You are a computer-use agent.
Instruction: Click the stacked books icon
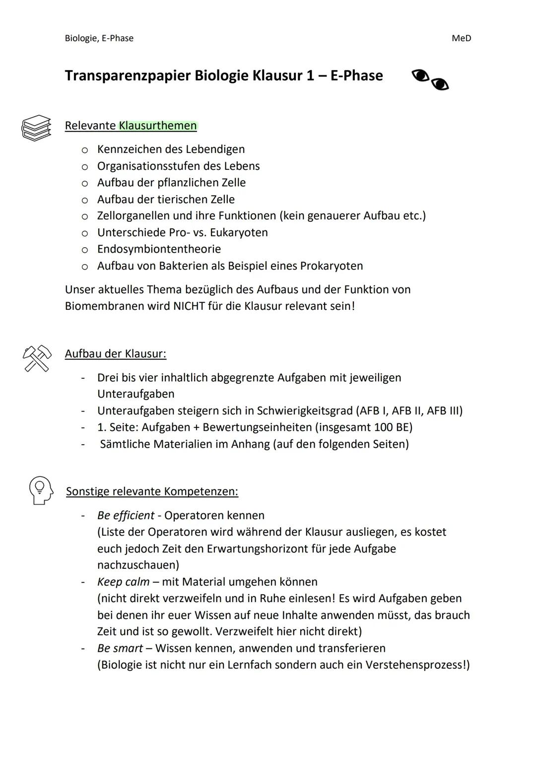pyautogui.click(x=36, y=128)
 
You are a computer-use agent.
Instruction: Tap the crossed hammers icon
pyautogui.click(x=37, y=358)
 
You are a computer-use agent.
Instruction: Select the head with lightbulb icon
pyautogui.click(x=41, y=490)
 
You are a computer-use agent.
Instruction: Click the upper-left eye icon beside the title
pyautogui.click(x=420, y=76)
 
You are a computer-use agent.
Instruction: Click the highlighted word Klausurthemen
pyautogui.click(x=158, y=126)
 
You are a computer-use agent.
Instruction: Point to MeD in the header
pyautogui.click(x=461, y=38)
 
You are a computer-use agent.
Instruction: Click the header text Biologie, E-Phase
pyautogui.click(x=99, y=38)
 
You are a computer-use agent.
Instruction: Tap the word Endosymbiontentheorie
pyautogui.click(x=159, y=249)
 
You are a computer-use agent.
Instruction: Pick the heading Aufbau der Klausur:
pyautogui.click(x=115, y=353)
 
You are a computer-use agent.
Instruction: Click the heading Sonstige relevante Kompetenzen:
pyautogui.click(x=152, y=491)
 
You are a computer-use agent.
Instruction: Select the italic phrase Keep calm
pyautogui.click(x=123, y=582)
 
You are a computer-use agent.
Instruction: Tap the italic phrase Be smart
pyautogui.click(x=120, y=648)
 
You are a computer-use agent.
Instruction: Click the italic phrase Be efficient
pyautogui.click(x=126, y=515)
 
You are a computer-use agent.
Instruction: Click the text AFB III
pyautogui.click(x=444, y=411)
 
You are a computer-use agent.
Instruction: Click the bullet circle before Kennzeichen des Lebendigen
pyautogui.click(x=85, y=149)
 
